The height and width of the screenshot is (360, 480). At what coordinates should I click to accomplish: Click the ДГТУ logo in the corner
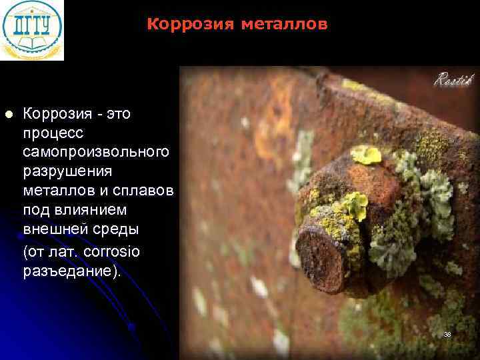click(x=32, y=30)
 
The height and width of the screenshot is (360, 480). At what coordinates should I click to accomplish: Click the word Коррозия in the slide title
click(x=186, y=25)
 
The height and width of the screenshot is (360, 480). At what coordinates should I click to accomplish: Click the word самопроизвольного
click(x=96, y=152)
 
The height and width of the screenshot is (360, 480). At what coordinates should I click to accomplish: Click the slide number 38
click(x=447, y=333)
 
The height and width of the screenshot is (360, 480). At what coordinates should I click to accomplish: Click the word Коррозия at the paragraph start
click(x=55, y=114)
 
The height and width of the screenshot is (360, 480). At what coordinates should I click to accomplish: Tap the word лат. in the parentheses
click(x=65, y=252)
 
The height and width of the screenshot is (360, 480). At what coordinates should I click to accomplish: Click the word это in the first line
click(x=117, y=114)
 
